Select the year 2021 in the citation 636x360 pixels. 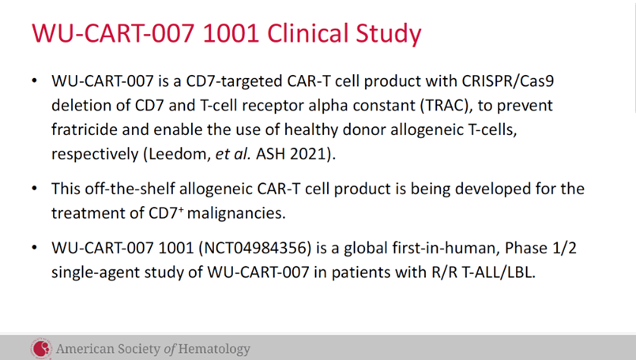[312, 154]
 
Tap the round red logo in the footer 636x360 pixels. [40, 347]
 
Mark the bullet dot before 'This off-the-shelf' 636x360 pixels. [34, 190]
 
